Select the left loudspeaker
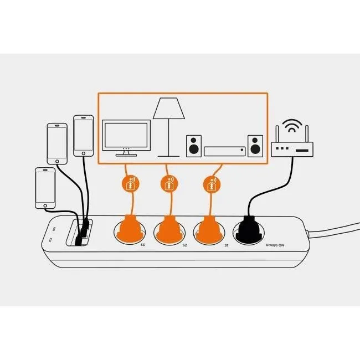[193, 145]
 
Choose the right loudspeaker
[255, 145]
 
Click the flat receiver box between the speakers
[224, 151]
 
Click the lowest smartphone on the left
[45, 188]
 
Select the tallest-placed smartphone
[84, 136]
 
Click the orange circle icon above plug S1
[211, 184]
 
